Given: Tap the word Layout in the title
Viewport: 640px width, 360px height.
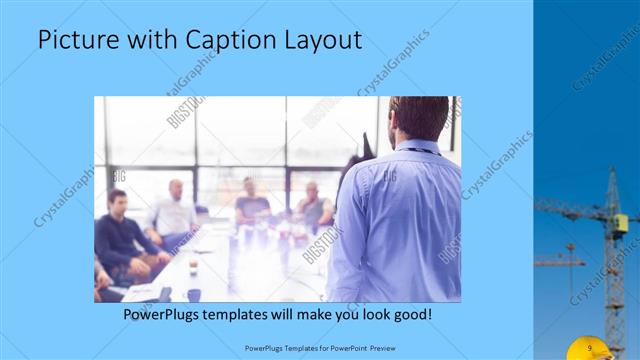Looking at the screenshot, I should coord(319,40).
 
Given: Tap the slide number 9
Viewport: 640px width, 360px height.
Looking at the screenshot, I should coord(591,347).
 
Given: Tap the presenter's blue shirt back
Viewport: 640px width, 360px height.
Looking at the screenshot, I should coord(395,220).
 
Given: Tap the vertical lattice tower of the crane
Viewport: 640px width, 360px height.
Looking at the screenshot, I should coord(612,270).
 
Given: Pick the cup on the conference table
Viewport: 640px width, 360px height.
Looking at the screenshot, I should coord(194,267).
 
